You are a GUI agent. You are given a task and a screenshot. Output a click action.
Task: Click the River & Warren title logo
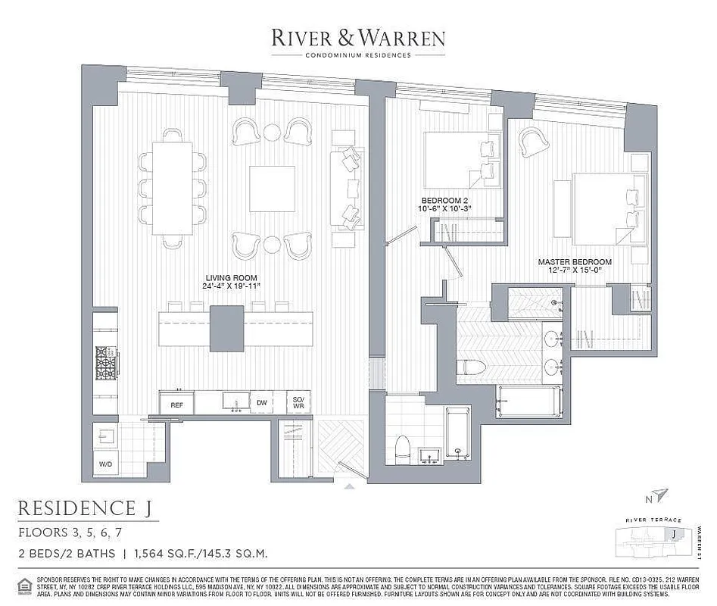(x=358, y=38)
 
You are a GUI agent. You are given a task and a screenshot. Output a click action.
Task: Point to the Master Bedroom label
(x=575, y=266)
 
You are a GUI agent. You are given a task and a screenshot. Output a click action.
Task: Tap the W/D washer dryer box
(x=104, y=462)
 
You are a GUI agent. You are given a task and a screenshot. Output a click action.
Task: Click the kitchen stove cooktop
(x=104, y=362)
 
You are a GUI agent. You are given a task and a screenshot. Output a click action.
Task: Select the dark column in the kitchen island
(x=226, y=327)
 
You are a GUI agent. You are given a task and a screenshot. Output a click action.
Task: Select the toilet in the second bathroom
(x=401, y=450)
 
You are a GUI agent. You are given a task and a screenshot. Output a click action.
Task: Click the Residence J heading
(x=89, y=507)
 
